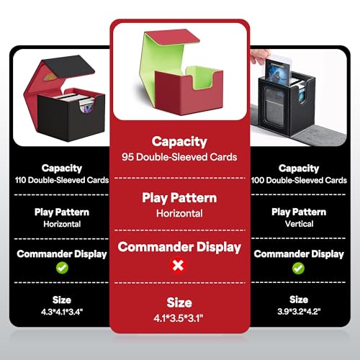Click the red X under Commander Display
click(x=178, y=266)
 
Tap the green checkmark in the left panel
click(x=62, y=268)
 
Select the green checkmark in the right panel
click(x=298, y=268)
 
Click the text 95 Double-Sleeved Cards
click(x=179, y=157)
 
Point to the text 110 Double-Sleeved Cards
click(x=62, y=180)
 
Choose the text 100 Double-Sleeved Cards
click(x=299, y=180)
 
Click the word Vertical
click(x=299, y=224)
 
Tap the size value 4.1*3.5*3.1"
click(x=179, y=318)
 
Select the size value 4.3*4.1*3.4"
click(x=62, y=312)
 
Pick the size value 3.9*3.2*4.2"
click(x=299, y=312)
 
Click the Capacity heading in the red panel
click(x=179, y=142)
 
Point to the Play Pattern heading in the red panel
click(x=179, y=198)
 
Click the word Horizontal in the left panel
click(x=62, y=224)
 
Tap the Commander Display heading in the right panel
click(x=299, y=254)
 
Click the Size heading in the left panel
click(x=62, y=300)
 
